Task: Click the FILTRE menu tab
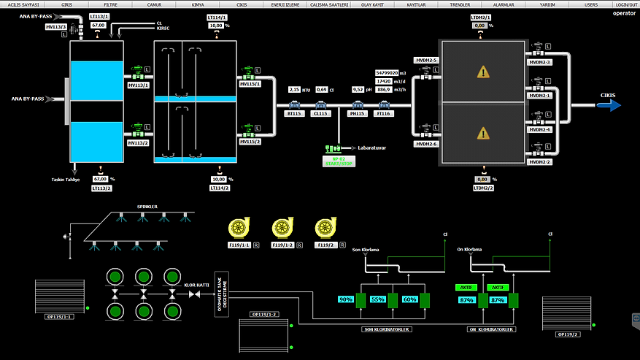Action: (110, 4)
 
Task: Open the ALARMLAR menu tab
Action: (504, 4)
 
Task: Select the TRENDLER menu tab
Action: (460, 4)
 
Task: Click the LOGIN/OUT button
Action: (625, 4)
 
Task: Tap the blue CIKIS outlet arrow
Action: (608, 105)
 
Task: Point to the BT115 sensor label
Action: (295, 114)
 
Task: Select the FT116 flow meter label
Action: (385, 114)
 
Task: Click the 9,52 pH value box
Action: (358, 89)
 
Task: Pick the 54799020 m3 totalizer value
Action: (386, 73)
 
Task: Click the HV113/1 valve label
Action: (138, 85)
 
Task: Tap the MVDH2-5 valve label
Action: (425, 60)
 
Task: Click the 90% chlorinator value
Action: (347, 300)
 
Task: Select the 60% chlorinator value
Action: (409, 300)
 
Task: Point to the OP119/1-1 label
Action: (60, 318)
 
